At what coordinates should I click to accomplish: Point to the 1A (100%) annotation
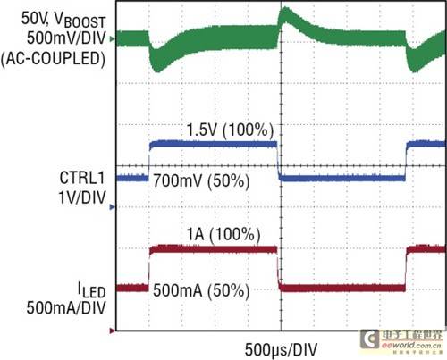222,234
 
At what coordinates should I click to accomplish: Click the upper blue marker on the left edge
112,178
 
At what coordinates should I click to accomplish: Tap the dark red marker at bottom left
112,331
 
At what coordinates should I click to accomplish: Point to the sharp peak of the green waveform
284,11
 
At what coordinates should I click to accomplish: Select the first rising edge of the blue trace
148,161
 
